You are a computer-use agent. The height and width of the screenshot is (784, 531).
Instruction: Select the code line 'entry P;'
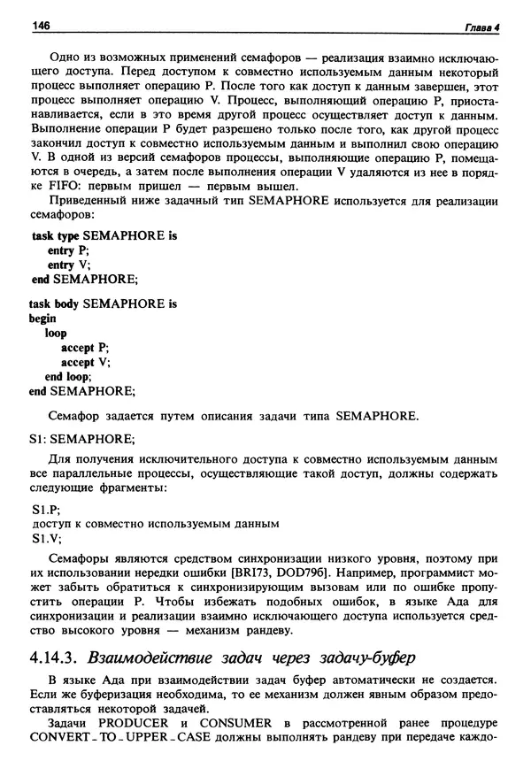coord(68,250)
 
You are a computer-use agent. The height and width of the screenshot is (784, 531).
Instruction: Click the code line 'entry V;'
coord(69,265)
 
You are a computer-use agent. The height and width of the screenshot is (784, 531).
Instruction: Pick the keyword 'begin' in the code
coord(42,319)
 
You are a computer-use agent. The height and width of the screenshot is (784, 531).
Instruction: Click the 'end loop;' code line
coord(68,376)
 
